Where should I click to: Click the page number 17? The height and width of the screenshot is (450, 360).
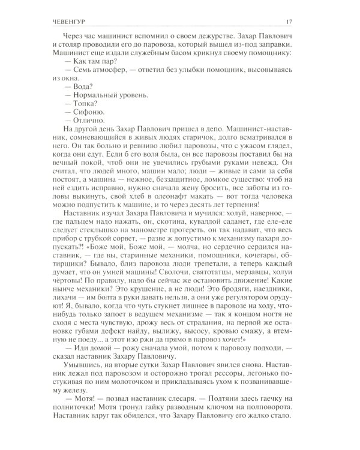305,23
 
